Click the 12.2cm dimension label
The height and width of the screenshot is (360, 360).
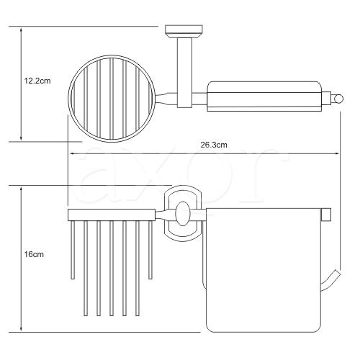[37, 81]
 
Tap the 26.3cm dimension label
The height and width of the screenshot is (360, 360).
[214, 145]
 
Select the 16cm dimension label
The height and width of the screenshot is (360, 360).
[34, 254]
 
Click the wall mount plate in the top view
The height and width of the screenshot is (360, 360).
[184, 32]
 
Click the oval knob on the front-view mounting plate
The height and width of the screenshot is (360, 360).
[182, 214]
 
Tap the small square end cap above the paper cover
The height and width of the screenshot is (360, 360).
[326, 215]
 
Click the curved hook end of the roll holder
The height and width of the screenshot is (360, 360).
[330, 280]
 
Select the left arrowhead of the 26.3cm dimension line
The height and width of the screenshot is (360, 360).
[72, 154]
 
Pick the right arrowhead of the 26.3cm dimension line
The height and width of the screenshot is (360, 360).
[336, 154]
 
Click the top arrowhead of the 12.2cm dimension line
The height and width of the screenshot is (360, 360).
[22, 30]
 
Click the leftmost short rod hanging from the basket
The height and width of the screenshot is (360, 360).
[73, 250]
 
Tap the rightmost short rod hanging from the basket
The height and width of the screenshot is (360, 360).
[150, 250]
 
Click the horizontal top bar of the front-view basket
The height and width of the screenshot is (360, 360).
[112, 215]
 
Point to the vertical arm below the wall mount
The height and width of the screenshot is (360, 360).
[184, 73]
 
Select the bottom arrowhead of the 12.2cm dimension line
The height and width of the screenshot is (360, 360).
[22, 138]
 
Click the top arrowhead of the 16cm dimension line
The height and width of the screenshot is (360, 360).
[22, 190]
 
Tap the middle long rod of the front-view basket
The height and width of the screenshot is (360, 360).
[112, 268]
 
